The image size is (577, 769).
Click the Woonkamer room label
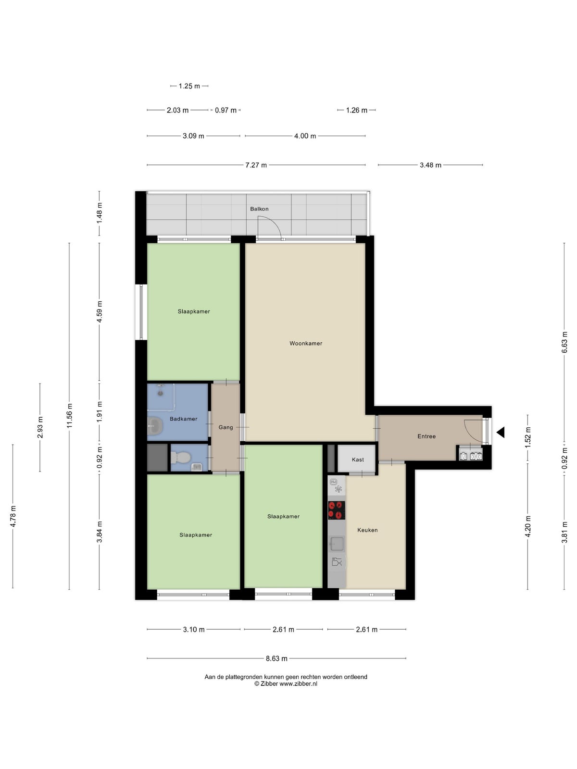coord(305,343)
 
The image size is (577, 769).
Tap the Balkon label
coord(259,209)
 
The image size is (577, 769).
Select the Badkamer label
coord(183,419)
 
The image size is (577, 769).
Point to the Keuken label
coord(367,530)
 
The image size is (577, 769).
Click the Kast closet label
coord(358,459)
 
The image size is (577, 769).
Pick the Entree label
coord(426,436)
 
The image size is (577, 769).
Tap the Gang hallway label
coord(226,427)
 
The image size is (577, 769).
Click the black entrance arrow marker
coord(501,432)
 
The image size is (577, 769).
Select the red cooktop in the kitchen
coord(337,510)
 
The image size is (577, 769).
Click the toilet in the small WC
coord(180,457)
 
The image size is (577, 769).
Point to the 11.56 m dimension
coord(69,416)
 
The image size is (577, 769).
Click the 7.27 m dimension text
coord(256,165)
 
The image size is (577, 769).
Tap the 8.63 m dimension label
coord(276,658)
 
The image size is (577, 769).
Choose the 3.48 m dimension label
coord(430,165)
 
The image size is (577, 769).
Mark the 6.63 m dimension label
coord(564,342)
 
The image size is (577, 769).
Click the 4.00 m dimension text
coord(305,136)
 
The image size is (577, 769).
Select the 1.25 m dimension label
coord(189,86)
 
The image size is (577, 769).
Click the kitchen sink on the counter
coord(337,544)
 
